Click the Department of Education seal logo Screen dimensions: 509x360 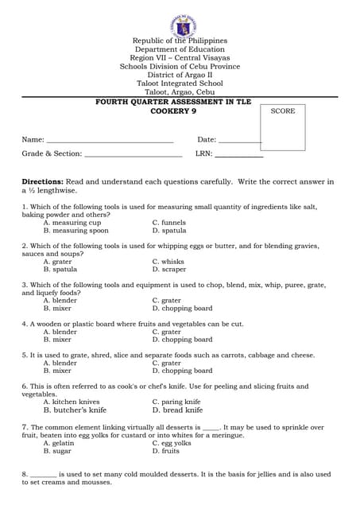click(180, 25)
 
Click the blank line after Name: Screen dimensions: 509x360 click(110, 141)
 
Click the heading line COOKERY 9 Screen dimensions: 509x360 click(180, 111)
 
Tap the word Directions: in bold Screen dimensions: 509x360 click(42, 182)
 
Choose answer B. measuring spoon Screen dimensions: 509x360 click(76, 231)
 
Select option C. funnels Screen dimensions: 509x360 click(168, 223)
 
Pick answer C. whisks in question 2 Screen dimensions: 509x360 click(168, 262)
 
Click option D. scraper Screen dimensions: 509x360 click(168, 270)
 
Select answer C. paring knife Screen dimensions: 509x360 click(176, 402)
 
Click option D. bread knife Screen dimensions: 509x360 click(177, 410)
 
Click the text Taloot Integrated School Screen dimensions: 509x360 click(180, 84)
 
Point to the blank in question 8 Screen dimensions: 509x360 click(43, 475)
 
